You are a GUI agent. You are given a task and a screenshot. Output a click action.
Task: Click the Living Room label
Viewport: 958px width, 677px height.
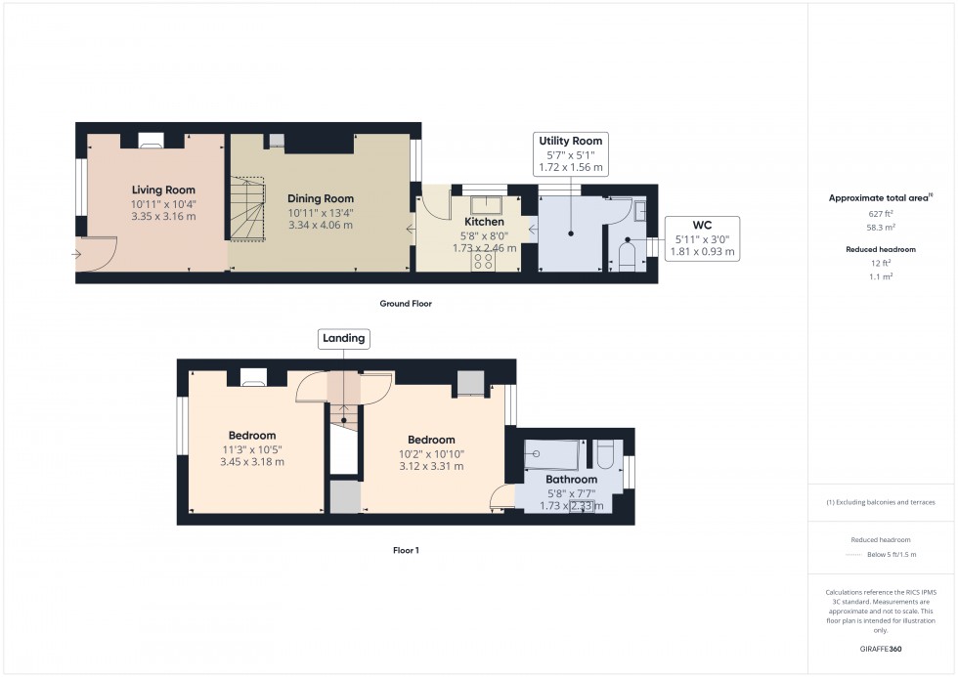[163, 190]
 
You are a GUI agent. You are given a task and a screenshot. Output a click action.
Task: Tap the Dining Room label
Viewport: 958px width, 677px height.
[320, 199]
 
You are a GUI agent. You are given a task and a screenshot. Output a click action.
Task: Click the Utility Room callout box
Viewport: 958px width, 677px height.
[571, 154]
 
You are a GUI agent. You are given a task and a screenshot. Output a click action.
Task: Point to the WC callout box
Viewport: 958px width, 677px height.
[702, 238]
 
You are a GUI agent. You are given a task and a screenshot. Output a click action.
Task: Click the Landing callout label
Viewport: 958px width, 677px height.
[344, 338]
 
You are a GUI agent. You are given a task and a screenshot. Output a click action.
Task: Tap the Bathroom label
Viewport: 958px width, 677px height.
[571, 480]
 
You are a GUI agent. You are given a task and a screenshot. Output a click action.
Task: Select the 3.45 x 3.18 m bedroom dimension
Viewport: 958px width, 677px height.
[252, 462]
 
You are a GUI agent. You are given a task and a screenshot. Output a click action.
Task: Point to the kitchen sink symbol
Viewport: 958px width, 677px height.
[486, 204]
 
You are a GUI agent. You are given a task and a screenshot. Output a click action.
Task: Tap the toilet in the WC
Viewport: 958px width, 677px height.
[629, 258]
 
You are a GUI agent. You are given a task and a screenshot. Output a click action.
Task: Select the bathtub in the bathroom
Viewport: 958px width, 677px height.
[552, 455]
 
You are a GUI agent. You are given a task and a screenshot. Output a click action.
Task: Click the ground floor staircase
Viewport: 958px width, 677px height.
[250, 209]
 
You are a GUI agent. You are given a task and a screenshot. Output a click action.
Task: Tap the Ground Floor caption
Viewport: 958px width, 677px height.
[406, 304]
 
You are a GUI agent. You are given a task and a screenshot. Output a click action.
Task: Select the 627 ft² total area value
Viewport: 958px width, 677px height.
[881, 213]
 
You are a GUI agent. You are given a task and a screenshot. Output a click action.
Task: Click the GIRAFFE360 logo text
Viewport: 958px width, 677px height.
[881, 648]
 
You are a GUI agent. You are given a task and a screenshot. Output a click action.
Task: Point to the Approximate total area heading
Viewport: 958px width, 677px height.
[879, 197]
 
